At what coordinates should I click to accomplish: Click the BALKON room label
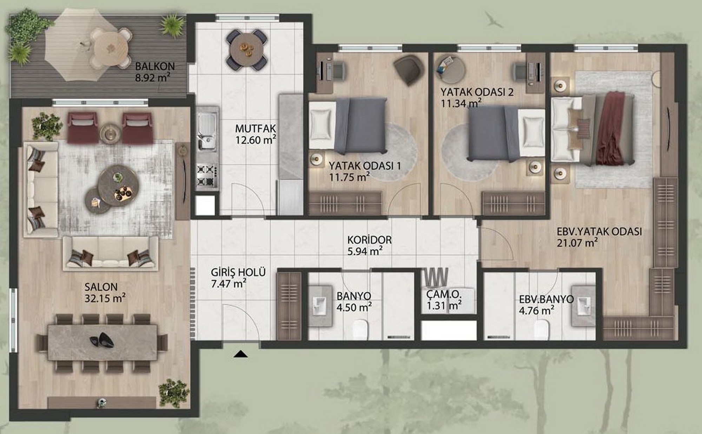pos(155,66)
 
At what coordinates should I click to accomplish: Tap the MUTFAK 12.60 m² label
pos(256,134)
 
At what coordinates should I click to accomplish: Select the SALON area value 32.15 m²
pos(105,298)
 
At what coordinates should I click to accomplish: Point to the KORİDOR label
pos(369,240)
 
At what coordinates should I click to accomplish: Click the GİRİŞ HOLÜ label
pos(238,272)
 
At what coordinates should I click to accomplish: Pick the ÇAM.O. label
pos(444,294)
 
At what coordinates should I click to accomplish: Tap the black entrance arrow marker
pos(240,354)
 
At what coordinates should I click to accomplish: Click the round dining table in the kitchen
pos(246,49)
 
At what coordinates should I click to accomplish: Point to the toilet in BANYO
pos(360,330)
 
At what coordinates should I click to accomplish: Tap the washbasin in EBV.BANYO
pos(583,306)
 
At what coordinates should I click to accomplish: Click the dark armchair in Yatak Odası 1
pos(408,70)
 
